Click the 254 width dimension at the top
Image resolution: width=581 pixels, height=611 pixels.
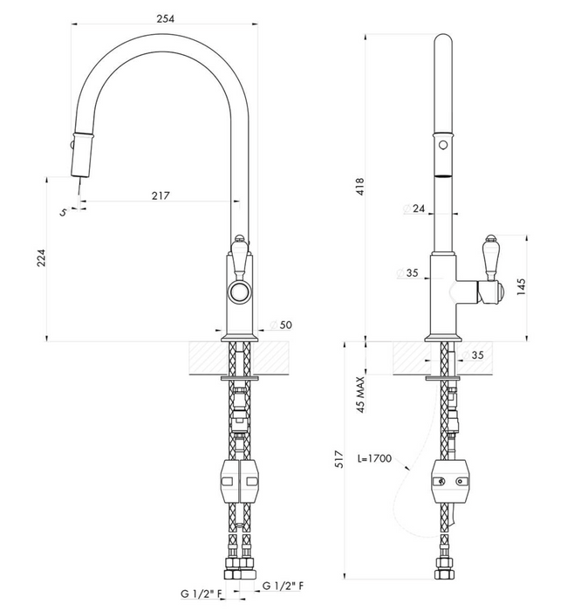(x=166, y=18)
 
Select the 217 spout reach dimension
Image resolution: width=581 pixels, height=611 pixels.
(x=161, y=196)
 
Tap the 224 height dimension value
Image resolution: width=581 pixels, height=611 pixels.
(x=41, y=257)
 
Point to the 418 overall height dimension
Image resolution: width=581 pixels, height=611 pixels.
(x=359, y=186)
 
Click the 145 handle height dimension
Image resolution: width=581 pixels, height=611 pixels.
(x=521, y=287)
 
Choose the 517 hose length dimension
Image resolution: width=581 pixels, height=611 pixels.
(x=339, y=459)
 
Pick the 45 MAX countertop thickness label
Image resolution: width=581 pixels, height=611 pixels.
(x=360, y=395)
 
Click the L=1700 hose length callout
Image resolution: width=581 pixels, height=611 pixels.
(x=374, y=458)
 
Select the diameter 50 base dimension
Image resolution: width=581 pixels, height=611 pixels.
(x=281, y=325)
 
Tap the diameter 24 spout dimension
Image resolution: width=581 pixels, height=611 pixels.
(x=414, y=209)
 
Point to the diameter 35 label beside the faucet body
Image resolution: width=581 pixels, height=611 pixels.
(x=407, y=272)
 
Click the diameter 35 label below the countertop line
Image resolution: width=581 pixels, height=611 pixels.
(x=472, y=354)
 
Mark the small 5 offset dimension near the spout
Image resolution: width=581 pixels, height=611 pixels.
(x=63, y=212)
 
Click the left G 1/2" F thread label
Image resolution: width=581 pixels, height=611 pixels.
(x=202, y=594)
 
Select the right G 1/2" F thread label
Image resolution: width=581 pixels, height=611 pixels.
(x=284, y=586)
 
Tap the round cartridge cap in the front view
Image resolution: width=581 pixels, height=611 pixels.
(x=240, y=292)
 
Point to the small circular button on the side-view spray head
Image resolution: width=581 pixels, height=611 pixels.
(x=443, y=145)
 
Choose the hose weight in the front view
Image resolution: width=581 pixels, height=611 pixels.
(x=239, y=481)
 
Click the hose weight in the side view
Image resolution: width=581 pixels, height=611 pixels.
(x=449, y=481)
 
